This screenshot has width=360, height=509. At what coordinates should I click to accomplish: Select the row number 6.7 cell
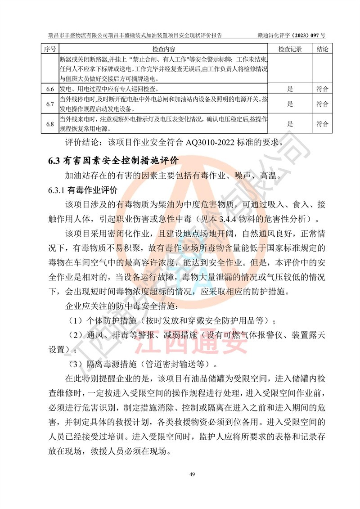pyautogui.click(x=50, y=105)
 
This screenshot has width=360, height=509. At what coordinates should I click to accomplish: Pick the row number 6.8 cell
pyautogui.click(x=50, y=124)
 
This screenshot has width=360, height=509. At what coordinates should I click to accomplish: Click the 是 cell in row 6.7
pyautogui.click(x=290, y=105)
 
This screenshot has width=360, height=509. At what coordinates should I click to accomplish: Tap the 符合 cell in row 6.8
pyautogui.click(x=322, y=124)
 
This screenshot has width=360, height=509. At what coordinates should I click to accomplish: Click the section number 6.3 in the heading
pyautogui.click(x=54, y=160)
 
